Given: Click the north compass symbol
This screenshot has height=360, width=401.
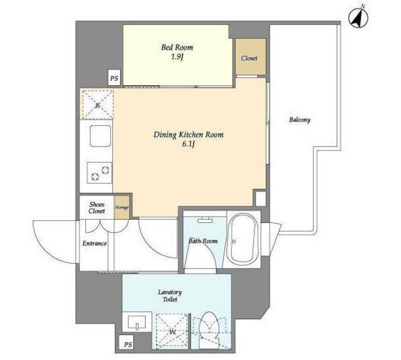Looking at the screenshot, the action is click(x=358, y=18).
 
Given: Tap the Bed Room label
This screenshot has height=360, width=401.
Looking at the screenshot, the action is click(x=177, y=48).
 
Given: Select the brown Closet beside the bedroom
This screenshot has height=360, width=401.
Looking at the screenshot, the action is click(x=251, y=57).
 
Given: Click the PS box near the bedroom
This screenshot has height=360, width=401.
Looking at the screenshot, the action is click(x=114, y=78).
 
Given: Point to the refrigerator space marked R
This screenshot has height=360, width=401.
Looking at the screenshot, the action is click(x=98, y=105).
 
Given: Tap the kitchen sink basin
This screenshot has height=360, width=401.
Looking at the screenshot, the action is click(x=100, y=136).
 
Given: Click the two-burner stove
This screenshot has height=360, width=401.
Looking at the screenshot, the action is click(x=100, y=173).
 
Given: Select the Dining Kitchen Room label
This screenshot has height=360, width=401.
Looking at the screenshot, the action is click(x=188, y=135).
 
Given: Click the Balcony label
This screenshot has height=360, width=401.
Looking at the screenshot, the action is click(x=299, y=120).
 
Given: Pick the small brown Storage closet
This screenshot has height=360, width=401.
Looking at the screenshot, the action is click(x=122, y=207).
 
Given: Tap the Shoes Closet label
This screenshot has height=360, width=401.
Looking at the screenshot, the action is click(x=96, y=207).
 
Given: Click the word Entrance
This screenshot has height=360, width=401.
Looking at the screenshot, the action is click(x=95, y=244).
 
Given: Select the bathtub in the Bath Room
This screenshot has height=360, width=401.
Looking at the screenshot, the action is click(x=242, y=239).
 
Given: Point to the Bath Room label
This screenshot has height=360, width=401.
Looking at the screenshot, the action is click(x=203, y=241).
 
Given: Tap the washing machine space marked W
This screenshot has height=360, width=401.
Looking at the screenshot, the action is click(x=172, y=331).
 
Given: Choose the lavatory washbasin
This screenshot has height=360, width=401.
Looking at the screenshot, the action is click(x=137, y=322).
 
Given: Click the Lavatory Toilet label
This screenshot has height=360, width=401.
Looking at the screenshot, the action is click(x=170, y=296).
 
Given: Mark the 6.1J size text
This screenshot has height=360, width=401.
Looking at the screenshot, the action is click(x=188, y=145).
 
